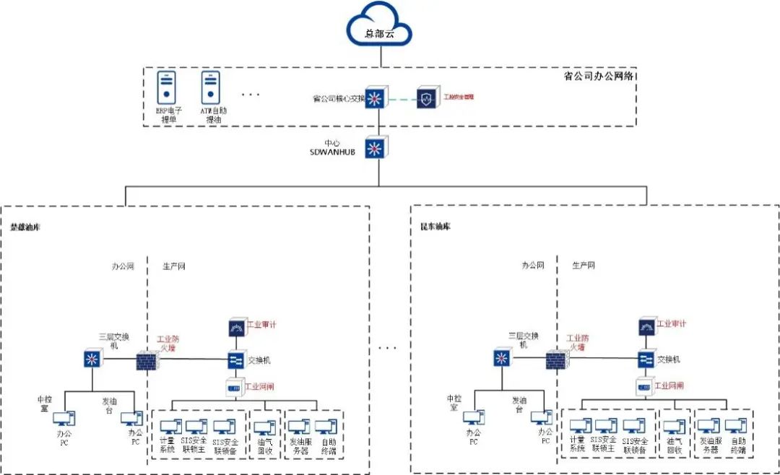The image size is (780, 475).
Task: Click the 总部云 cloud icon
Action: (x=378, y=27)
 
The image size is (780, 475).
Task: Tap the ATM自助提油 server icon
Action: (x=211, y=87)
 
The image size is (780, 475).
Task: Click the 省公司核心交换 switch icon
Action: (x=375, y=99)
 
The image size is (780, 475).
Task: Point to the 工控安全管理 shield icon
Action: (x=427, y=98)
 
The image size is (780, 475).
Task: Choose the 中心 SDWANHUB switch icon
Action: (x=375, y=149)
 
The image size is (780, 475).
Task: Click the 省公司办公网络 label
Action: (x=603, y=76)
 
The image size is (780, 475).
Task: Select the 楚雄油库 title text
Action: (x=25, y=227)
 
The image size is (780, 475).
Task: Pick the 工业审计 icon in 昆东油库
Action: (x=646, y=326)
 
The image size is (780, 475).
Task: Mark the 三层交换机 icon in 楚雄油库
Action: (x=92, y=359)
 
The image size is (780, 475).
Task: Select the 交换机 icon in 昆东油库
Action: (x=646, y=359)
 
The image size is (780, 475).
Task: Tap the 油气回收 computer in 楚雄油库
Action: (x=264, y=427)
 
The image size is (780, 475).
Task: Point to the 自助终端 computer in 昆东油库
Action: (x=735, y=427)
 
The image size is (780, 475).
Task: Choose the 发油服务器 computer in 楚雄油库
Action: (x=300, y=427)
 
